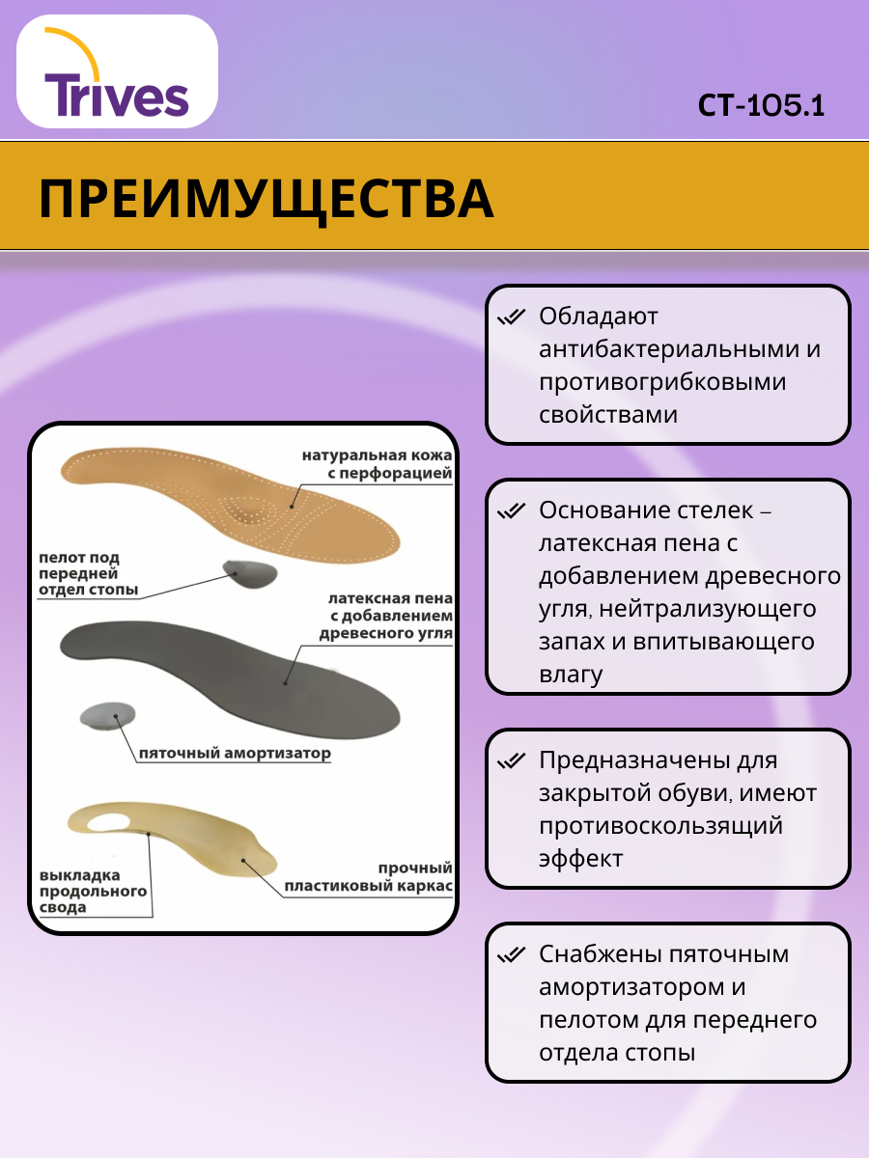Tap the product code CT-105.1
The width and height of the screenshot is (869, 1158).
point(762,105)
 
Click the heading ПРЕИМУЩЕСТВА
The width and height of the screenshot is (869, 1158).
point(266,199)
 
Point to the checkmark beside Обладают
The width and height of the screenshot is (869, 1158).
point(510,317)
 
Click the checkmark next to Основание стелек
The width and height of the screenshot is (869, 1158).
point(510,510)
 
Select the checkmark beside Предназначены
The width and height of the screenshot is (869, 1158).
point(510,761)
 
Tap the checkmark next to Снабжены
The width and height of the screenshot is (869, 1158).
point(510,955)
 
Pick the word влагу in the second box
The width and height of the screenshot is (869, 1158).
point(571,675)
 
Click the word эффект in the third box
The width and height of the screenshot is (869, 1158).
point(581,859)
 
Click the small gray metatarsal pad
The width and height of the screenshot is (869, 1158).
point(251,575)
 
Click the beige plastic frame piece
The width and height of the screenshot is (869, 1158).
point(174,830)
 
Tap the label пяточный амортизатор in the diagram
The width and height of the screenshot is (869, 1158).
point(235,754)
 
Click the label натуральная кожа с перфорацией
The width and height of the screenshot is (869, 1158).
point(377,464)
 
